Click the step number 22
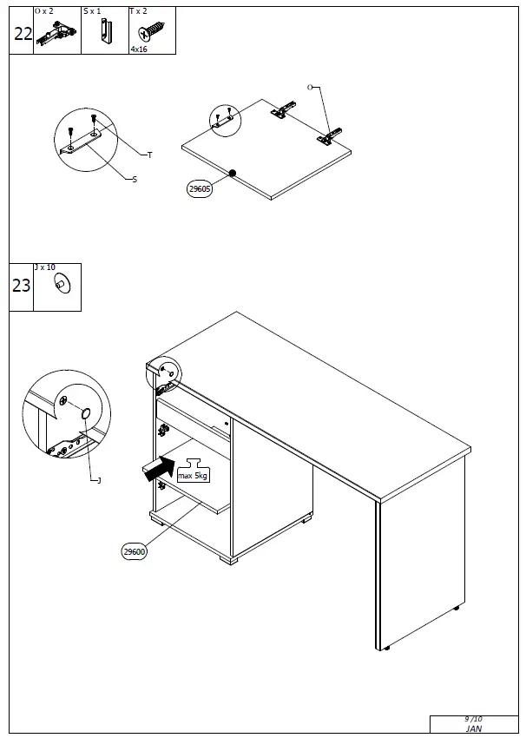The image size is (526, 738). pos(22,34)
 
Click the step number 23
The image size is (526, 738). pos(22,286)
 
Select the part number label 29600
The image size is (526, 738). pos(135,551)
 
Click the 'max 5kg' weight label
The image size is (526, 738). pos(193,475)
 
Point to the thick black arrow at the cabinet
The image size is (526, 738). pos(158,470)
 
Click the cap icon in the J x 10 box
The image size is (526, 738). pos(62,283)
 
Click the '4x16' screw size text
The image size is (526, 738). pos(139,50)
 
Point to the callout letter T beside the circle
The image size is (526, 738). pos(149,155)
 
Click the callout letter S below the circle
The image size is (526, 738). pos(134,180)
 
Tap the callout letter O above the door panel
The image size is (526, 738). pos(310,88)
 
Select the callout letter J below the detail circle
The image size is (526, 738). pos(99,480)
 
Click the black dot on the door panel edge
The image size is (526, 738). pos(233,174)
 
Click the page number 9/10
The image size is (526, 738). pos(473,719)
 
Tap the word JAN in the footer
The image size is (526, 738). pos(473,730)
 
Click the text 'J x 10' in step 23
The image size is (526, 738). pos(43,268)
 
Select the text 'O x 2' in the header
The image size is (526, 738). pos(43,11)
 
